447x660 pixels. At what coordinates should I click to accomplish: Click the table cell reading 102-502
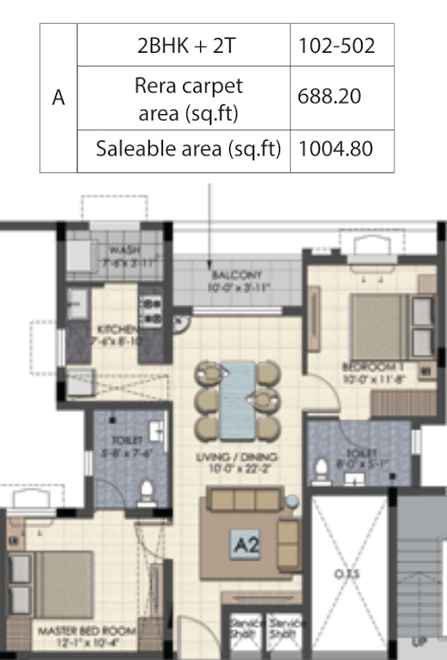point(336,46)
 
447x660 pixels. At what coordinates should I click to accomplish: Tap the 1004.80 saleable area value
point(336,149)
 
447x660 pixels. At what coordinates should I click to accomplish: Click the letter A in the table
point(59,98)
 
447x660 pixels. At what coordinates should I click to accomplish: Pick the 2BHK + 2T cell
point(184,46)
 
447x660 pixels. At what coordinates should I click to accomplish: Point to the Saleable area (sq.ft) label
point(189,149)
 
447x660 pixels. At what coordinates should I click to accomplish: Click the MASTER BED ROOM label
point(86,631)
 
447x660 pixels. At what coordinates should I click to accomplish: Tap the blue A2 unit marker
point(247,545)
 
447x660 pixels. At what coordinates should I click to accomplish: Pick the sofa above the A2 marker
point(242,503)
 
